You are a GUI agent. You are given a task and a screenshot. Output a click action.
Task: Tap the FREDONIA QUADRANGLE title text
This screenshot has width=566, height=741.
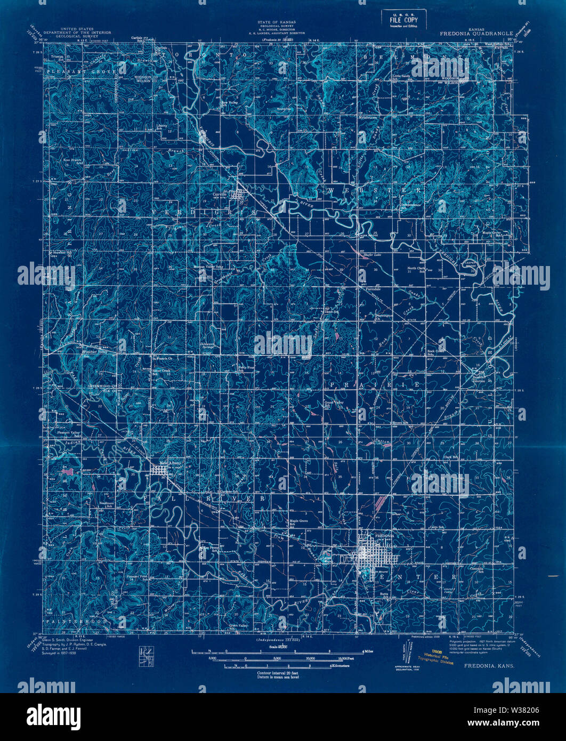pyautogui.click(x=476, y=33)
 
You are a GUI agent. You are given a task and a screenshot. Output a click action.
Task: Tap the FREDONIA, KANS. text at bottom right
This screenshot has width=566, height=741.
pyautogui.click(x=486, y=665)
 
